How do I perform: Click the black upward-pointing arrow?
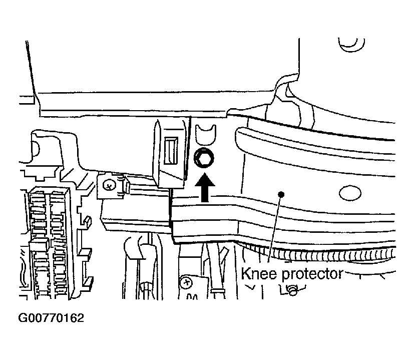[204, 187]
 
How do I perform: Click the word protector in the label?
[312, 274]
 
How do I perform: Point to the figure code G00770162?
[51, 318]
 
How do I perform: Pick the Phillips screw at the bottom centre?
[186, 283]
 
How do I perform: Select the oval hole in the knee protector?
[350, 193]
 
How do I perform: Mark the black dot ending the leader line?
[281, 195]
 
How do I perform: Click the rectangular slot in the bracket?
[171, 151]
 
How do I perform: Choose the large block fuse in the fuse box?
[39, 244]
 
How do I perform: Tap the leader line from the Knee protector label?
[275, 228]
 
